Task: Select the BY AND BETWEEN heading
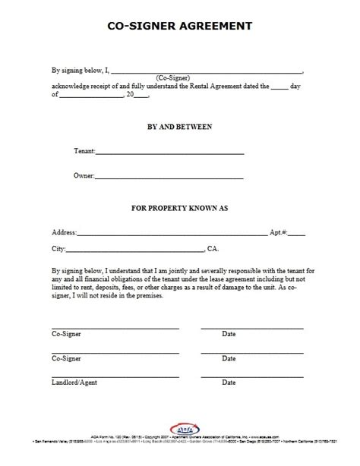(179, 126)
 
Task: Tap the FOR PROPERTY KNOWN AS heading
(179, 206)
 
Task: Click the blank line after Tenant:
(169, 154)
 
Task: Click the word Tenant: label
(84, 151)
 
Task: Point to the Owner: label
(84, 176)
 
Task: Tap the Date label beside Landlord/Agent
(229, 383)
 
